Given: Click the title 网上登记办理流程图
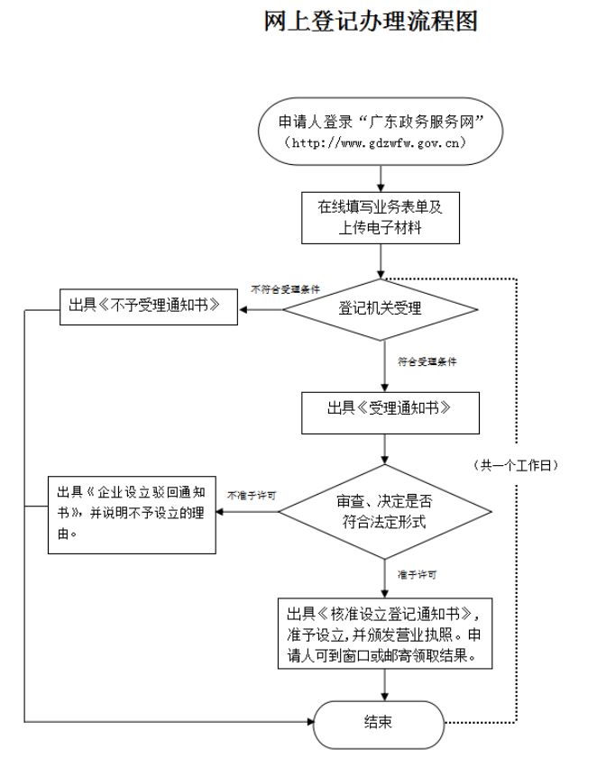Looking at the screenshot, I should click(x=370, y=23).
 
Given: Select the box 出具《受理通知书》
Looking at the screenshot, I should click(x=389, y=406).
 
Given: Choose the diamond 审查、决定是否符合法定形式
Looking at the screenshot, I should click(x=383, y=510).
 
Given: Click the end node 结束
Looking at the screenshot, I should click(x=378, y=721).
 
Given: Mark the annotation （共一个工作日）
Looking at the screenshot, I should click(x=518, y=465).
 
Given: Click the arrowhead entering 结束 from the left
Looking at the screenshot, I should click(x=307, y=721).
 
